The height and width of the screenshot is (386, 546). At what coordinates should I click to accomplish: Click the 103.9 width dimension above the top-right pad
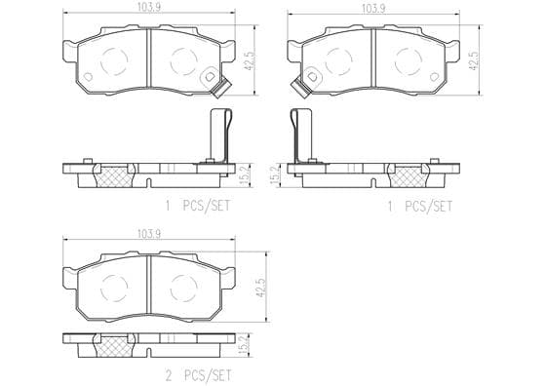pyautogui.click(x=374, y=9)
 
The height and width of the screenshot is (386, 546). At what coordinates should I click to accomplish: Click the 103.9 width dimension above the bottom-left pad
pyautogui.click(x=148, y=234)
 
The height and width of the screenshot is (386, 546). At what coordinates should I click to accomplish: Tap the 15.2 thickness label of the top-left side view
pyautogui.click(x=245, y=176)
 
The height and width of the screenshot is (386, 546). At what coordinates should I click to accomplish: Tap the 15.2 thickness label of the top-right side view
pyautogui.click(x=275, y=176)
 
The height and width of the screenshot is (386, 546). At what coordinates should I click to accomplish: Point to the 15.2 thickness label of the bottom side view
pyautogui.click(x=245, y=345)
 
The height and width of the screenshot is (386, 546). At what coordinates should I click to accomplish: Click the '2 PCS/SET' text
pyautogui.click(x=198, y=375)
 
